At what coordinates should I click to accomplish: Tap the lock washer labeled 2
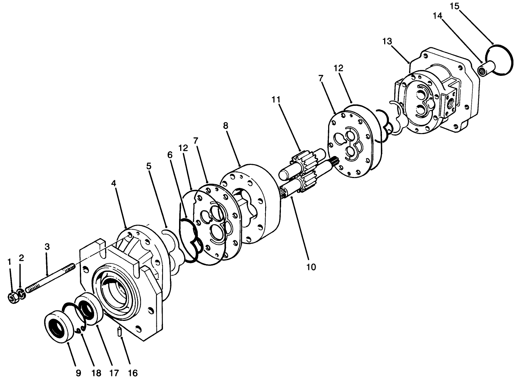click(x=21, y=294)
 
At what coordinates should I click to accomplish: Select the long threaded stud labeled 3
click(x=49, y=276)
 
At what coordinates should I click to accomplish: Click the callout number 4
click(x=114, y=183)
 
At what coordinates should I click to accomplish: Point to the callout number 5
click(x=149, y=166)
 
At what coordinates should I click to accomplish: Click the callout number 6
click(x=170, y=155)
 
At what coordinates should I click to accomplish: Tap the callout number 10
click(x=311, y=267)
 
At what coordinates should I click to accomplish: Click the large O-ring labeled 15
click(x=498, y=60)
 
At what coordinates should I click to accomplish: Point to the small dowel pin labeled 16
click(x=119, y=333)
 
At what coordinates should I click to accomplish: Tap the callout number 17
click(x=114, y=373)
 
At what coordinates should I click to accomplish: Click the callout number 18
click(x=96, y=373)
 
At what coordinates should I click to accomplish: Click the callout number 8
click(x=226, y=126)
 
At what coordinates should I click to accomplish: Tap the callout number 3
click(x=47, y=247)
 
